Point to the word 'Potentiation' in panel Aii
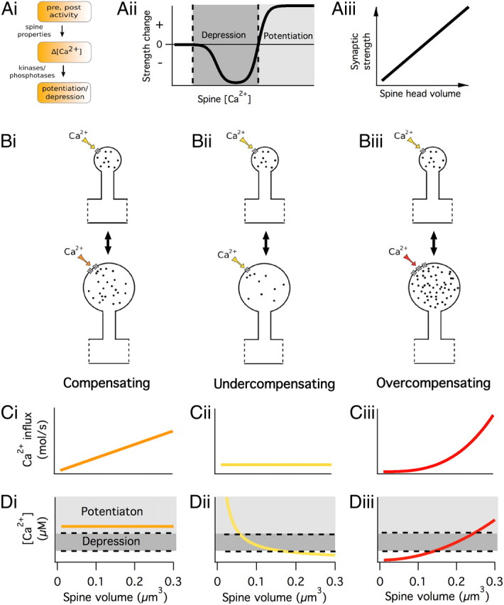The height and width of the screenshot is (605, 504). tap(287, 35)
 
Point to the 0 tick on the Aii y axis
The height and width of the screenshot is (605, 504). tap(160, 44)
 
